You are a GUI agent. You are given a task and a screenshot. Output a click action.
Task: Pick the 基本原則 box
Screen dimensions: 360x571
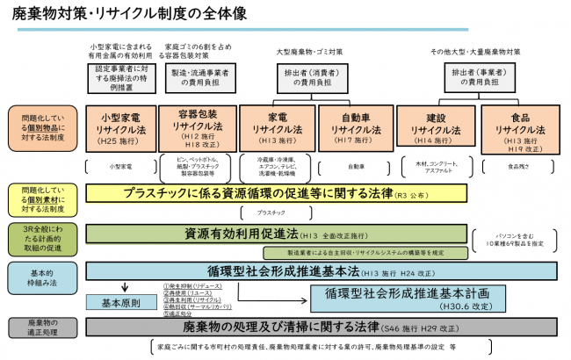tap(122, 301)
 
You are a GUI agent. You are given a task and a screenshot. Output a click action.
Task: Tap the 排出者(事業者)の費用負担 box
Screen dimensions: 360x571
tap(477, 79)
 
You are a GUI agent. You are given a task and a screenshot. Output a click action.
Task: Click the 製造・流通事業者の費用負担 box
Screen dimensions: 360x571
tap(199, 79)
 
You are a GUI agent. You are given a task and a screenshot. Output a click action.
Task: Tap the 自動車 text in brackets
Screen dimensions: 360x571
tap(355, 165)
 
